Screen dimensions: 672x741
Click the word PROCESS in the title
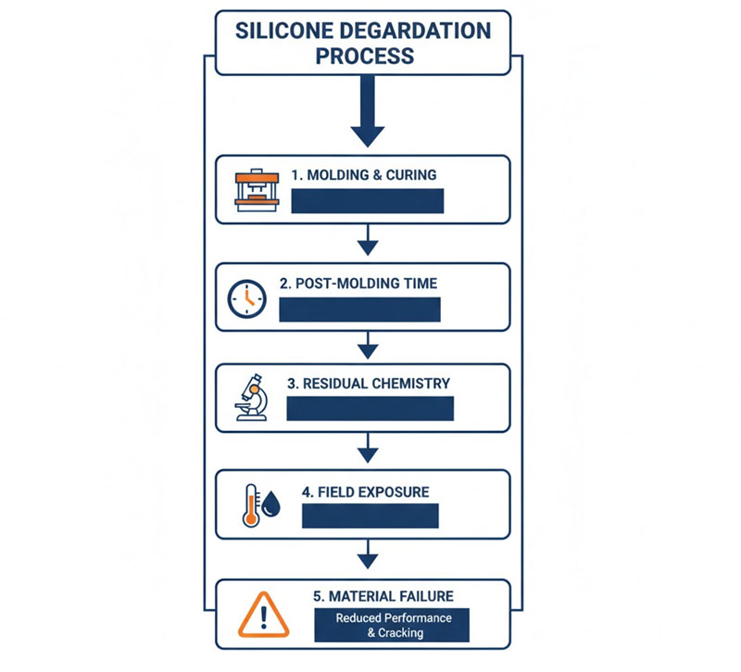(x=364, y=56)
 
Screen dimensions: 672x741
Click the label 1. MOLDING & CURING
(x=364, y=174)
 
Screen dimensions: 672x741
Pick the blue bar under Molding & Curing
(x=368, y=201)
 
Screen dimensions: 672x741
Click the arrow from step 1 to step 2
(x=368, y=242)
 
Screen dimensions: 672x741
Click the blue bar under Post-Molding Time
(x=359, y=310)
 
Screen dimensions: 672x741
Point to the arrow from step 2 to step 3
(x=368, y=348)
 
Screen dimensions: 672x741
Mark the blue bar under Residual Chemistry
(x=370, y=409)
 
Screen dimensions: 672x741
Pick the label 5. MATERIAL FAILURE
(x=383, y=596)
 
